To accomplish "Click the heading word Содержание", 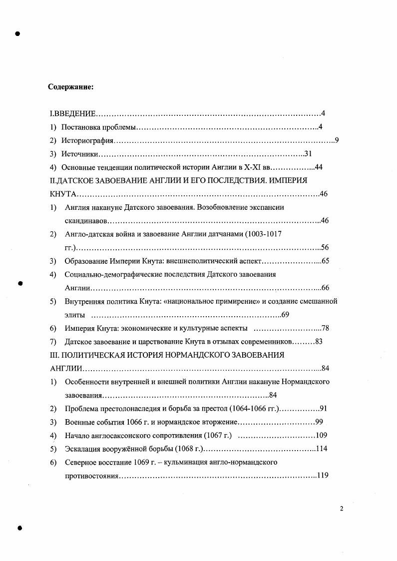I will (x=70, y=87).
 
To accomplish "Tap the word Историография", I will (x=88, y=140).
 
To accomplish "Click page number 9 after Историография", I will (x=337, y=140).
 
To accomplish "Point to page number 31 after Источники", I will (x=308, y=154).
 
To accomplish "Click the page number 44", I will (x=319, y=167).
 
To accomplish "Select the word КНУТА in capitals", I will (x=62, y=194).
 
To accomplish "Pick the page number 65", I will (x=325, y=261).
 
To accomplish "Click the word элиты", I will (x=74, y=315).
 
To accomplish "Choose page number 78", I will (x=325, y=328).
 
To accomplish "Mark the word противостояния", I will (x=91, y=476).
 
